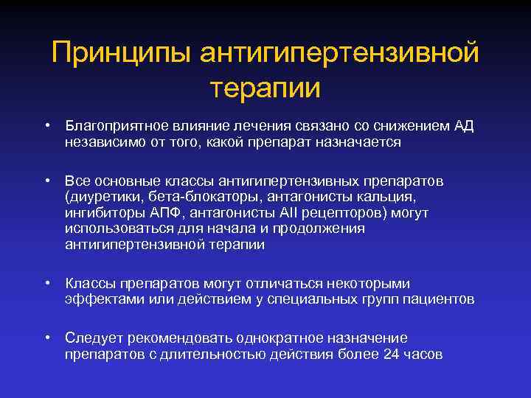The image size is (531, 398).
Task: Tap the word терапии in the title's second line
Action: pos(265,88)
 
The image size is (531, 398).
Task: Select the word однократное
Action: pos(280,338)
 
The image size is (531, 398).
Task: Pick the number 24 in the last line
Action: pos(392,355)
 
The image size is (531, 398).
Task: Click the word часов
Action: pos(424,355)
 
